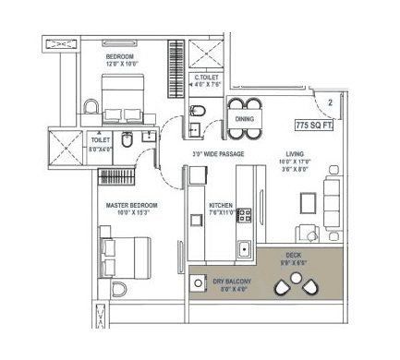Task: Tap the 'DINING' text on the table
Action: click(x=244, y=119)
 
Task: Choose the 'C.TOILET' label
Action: click(x=208, y=78)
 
